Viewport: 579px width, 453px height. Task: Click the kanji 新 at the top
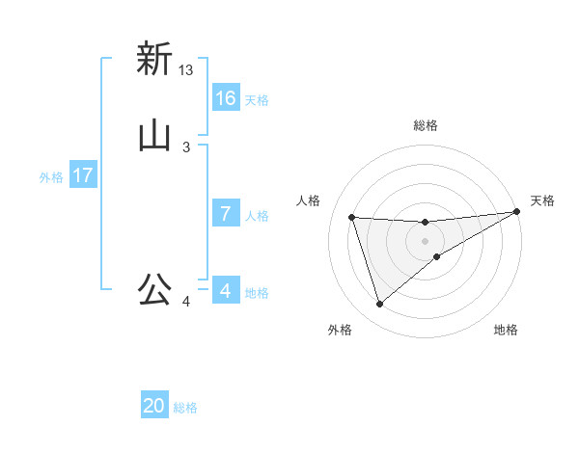154,59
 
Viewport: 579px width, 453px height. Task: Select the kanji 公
154,289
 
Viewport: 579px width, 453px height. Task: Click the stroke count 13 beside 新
186,70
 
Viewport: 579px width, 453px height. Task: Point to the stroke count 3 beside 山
186,147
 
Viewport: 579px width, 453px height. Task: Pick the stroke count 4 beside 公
186,303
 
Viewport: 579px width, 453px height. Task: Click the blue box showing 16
226,98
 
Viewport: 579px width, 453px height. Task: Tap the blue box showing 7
226,214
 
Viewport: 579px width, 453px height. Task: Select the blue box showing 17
83,175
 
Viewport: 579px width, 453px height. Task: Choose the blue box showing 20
154,406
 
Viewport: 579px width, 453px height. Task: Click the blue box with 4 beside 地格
226,291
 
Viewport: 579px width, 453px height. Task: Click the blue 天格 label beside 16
257,100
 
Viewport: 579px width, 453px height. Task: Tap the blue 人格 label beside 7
257,216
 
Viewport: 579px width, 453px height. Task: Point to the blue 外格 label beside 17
51,177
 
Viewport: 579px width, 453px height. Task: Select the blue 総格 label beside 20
185,408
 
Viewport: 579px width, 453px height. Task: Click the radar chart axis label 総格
426,125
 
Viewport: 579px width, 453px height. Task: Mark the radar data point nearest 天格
516,213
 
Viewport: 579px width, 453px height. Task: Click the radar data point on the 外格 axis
379,305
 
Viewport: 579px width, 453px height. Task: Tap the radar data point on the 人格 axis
352,217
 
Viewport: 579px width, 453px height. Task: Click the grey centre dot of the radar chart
426,241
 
